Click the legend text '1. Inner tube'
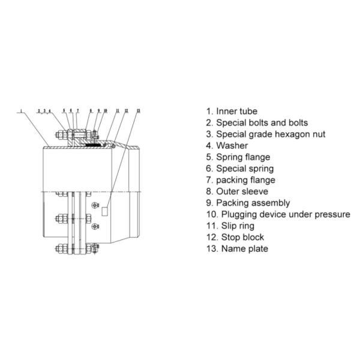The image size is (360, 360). pyautogui.click(x=232, y=111)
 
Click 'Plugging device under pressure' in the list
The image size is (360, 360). pyautogui.click(x=278, y=214)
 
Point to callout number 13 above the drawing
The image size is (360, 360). pyautogui.click(x=138, y=111)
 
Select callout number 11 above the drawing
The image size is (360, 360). pyautogui.click(x=118, y=111)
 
